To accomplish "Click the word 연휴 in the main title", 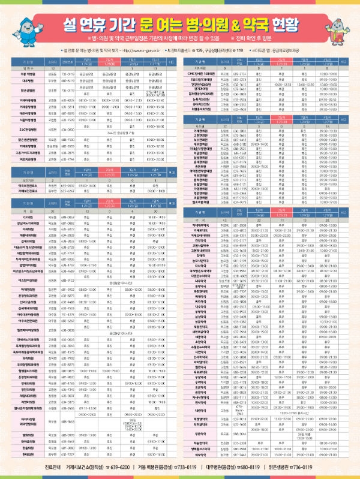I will [101, 24].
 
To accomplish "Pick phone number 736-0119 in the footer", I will [318, 466].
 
